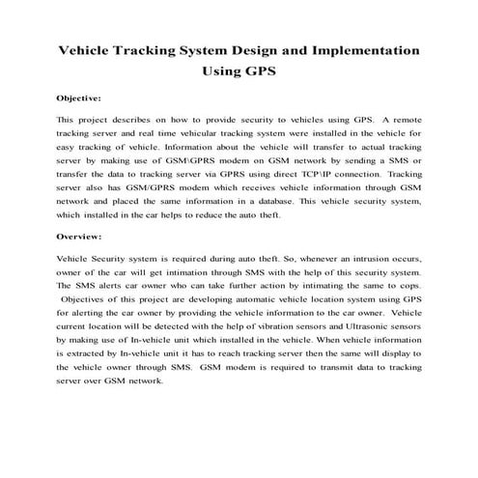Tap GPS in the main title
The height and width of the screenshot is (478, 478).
click(258, 70)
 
